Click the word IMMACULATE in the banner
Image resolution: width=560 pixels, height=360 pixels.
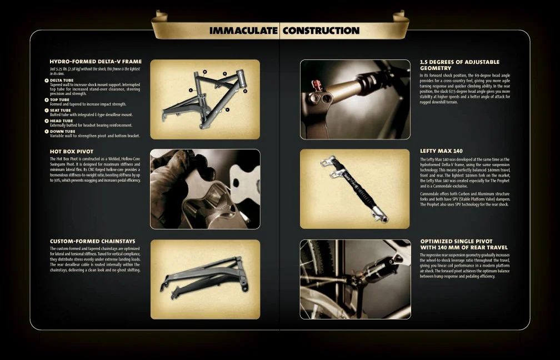pyautogui.click(x=243, y=31)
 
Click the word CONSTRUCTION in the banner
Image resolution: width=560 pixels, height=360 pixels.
pyautogui.click(x=321, y=31)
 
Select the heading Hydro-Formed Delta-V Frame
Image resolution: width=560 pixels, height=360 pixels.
pyautogui.click(x=95, y=62)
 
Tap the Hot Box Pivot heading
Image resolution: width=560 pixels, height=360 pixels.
pyautogui.click(x=71, y=151)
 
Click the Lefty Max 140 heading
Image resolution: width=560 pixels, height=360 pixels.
pyautogui.click(x=441, y=151)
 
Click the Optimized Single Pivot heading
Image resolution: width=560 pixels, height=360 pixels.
pyautogui.click(x=463, y=244)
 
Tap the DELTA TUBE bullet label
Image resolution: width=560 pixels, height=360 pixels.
pyautogui.click(x=62, y=80)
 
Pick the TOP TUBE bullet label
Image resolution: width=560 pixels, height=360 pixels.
pyautogui.click(x=59, y=100)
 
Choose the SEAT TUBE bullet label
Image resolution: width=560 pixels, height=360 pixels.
pyautogui.click(x=60, y=110)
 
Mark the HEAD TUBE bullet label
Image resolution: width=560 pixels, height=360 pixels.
pyautogui.click(x=61, y=121)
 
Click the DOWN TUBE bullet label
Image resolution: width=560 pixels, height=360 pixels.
pyautogui.click(x=62, y=131)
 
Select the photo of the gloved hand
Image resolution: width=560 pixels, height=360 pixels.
pyautogui.click(x=205, y=189)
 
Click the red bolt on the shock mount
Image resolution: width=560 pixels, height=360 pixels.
pyautogui.click(x=318, y=85)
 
